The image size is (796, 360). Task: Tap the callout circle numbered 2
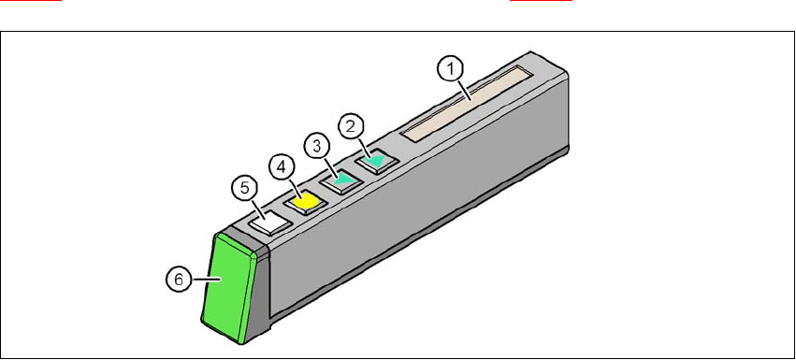351,127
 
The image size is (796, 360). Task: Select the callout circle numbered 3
317,147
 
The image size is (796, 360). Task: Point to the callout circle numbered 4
282,167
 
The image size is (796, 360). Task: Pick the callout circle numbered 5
245,188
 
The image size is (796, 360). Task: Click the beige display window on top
467,104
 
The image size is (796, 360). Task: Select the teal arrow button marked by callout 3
342,180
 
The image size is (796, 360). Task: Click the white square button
269,223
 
